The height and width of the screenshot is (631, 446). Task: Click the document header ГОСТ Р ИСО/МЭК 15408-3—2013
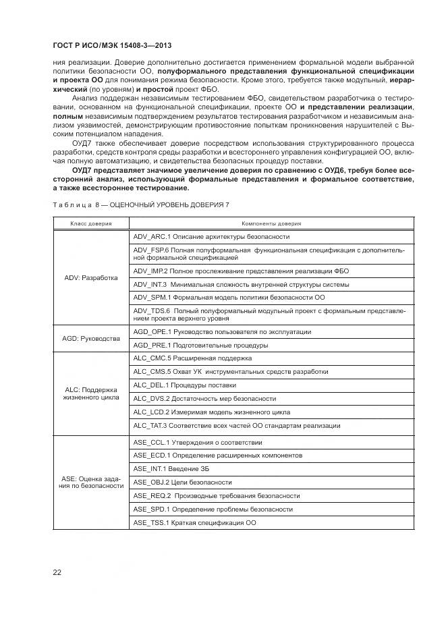click(111, 45)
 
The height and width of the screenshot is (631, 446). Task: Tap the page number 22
click(57, 572)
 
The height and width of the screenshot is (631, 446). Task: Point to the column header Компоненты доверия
click(271, 223)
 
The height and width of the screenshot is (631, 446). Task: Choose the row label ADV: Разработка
click(90, 277)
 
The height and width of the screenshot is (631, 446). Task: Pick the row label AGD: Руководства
click(90, 338)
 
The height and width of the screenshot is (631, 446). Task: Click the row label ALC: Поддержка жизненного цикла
click(90, 393)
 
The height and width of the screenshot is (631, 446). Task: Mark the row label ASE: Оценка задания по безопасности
click(90, 483)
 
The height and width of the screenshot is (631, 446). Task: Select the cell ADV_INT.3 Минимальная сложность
click(241, 284)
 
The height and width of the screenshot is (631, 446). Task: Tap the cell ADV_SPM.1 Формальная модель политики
click(229, 297)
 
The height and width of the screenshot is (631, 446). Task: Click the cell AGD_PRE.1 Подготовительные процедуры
click(200, 345)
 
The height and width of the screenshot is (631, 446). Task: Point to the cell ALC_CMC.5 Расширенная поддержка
click(192, 358)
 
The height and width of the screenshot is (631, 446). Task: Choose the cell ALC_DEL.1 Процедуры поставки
click(185, 385)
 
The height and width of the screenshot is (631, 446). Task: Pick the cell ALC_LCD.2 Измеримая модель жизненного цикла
click(212, 412)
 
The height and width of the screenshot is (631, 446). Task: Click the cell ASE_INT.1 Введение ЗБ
click(172, 468)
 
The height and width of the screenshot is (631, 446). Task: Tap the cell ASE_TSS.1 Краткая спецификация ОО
click(194, 523)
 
